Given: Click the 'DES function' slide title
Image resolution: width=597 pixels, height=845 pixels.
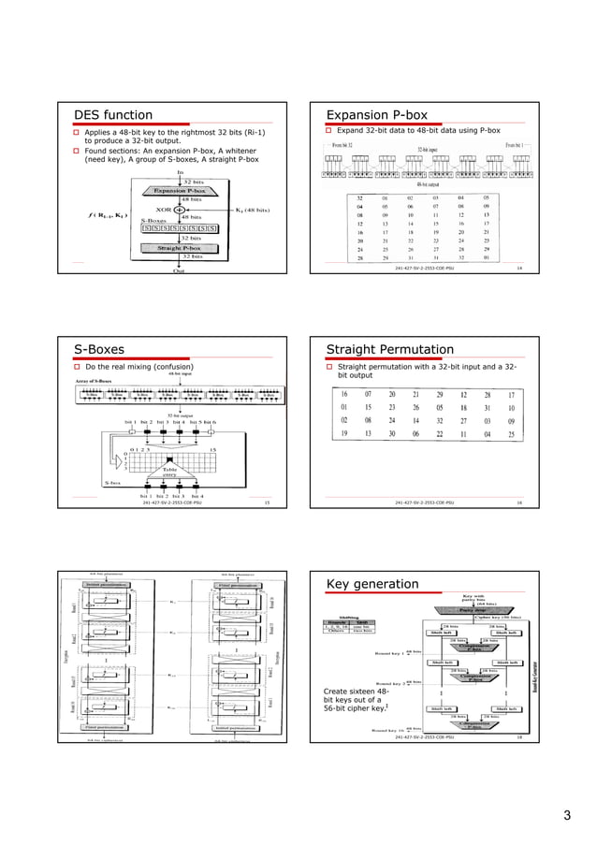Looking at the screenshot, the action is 114,114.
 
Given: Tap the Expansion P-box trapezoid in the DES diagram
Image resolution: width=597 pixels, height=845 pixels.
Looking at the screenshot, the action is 179,190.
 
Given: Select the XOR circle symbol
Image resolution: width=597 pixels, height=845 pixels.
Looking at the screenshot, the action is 179,209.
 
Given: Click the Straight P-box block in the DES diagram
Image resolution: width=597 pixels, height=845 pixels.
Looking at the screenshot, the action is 179,248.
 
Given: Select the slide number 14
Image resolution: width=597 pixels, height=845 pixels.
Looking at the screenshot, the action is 519,268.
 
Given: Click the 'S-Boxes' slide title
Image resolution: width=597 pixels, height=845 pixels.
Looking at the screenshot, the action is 100,349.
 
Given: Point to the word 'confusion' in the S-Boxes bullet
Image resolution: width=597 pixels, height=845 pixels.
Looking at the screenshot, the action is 171,366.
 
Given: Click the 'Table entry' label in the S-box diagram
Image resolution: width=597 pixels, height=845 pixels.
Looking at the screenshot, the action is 170,472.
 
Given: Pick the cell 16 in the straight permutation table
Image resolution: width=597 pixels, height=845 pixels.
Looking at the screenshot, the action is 345,395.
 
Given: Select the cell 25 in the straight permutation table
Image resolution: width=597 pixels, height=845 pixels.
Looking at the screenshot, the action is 511,434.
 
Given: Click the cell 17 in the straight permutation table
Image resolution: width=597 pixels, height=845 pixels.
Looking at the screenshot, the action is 511,395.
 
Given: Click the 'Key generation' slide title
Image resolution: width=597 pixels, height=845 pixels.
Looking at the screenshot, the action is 372,585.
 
